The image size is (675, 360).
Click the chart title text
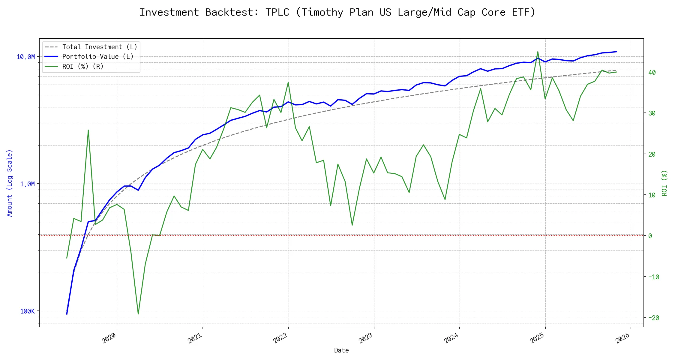tap(337, 12)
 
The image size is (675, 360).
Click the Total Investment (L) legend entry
tap(99, 47)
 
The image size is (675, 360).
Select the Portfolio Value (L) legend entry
tap(97, 57)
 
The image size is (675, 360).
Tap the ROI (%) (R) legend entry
tap(82, 67)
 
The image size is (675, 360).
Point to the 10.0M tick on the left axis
tap(26, 57)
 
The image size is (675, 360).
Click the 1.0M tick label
tap(27, 184)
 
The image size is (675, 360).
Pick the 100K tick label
tap(27, 311)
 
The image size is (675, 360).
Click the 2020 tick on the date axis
tap(109, 338)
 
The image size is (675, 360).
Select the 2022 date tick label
tap(280, 338)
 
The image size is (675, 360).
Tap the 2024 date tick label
tap(451, 338)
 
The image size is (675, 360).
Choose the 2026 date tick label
tap(622, 338)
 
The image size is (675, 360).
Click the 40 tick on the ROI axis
tap(652, 73)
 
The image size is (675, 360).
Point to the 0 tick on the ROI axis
tap(650, 236)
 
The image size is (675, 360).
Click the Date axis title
tap(341, 350)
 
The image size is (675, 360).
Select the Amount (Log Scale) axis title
tap(10, 183)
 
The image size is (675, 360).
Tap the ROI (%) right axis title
tap(664, 183)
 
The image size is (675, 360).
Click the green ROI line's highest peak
tap(538, 52)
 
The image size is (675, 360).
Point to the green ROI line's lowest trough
tap(138, 314)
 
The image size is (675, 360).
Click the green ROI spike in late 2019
tap(88, 130)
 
